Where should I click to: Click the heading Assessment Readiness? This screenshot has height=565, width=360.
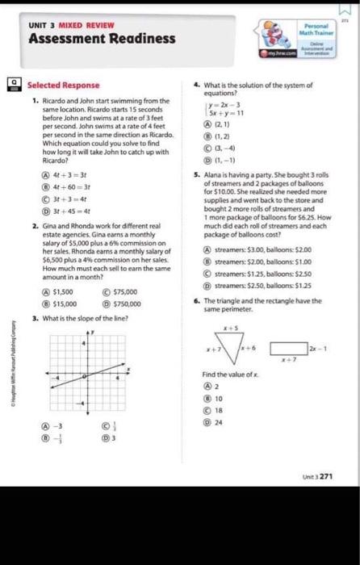[x=102, y=39]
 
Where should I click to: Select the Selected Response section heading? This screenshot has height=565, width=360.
[x=64, y=85]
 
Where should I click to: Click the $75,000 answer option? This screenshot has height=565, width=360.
[x=120, y=291]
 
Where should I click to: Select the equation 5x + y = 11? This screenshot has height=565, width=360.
[x=228, y=115]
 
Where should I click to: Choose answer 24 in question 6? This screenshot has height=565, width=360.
[x=218, y=421]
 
